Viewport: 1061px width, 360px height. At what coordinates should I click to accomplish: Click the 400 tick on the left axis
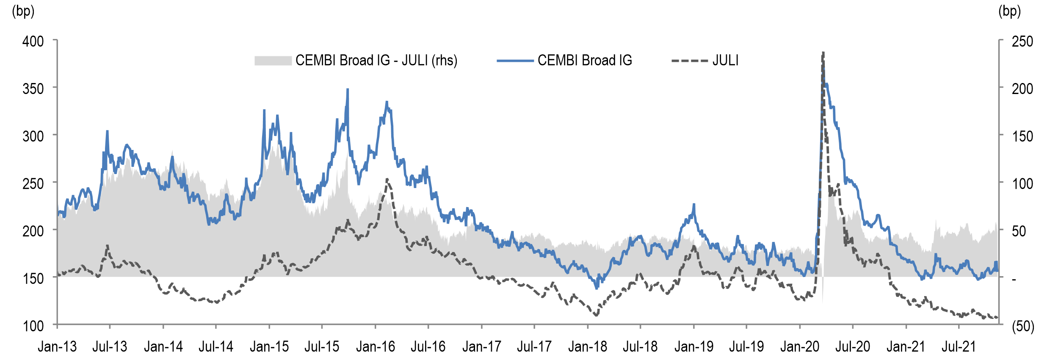[33, 42]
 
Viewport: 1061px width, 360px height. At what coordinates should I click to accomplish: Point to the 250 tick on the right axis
[1022, 42]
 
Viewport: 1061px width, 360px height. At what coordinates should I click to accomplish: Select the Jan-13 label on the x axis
[57, 347]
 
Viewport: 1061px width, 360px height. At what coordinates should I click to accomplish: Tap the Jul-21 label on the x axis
[959, 347]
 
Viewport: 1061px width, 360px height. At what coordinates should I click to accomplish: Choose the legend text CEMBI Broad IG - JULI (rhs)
[376, 61]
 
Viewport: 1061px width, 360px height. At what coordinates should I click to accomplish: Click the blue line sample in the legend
[515, 61]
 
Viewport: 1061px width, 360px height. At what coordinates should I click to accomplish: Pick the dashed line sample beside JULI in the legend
[690, 61]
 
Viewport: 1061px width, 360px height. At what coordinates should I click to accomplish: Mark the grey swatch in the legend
[273, 61]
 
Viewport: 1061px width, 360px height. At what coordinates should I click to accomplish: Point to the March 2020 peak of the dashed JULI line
[823, 53]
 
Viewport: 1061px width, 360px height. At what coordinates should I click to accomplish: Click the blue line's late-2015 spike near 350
[348, 89]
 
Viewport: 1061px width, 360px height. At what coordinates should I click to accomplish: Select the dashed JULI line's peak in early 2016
[387, 180]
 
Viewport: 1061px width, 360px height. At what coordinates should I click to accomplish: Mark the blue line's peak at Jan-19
[694, 205]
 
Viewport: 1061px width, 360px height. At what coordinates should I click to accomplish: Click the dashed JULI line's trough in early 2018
[596, 315]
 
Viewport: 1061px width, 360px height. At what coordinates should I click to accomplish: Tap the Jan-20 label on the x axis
[800, 347]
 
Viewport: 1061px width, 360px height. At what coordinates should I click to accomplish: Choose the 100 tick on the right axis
[1022, 184]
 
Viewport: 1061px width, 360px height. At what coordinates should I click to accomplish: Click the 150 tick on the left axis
[33, 279]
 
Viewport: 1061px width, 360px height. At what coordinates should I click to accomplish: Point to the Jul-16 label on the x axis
[428, 347]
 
